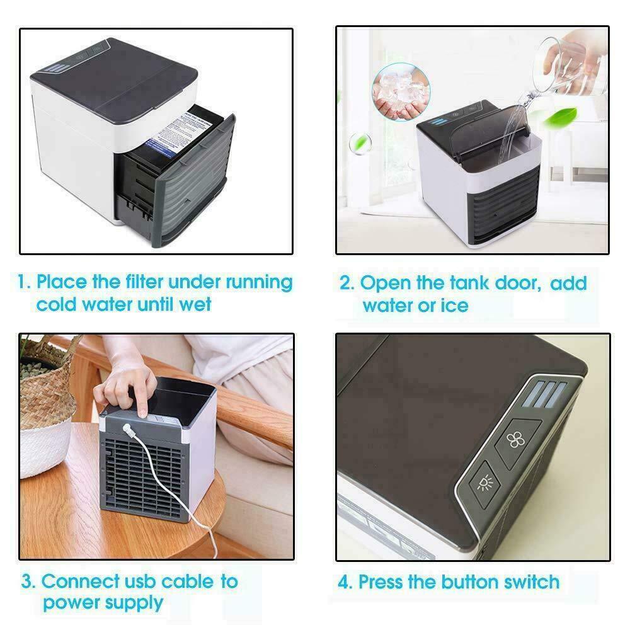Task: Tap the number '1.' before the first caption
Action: [24, 282]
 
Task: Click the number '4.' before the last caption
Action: [345, 581]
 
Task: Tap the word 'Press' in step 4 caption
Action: [384, 581]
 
